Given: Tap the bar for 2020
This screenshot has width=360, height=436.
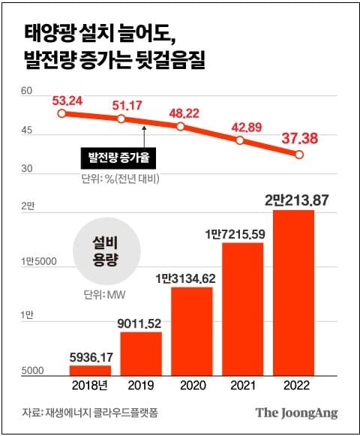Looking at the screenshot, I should pos(191,330).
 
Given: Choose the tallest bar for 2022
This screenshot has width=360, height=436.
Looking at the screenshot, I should pos(293,292).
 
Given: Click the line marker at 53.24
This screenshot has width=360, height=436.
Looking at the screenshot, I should pos(61,113).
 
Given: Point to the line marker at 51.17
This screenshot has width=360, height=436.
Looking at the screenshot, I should pos(121,119).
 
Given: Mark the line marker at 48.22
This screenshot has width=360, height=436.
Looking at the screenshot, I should pos(180,126).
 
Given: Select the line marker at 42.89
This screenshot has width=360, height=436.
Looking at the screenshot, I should pos(239,140).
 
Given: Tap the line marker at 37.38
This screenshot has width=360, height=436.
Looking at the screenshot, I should pos(298,155).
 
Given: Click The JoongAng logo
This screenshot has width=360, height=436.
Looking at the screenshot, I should pos(296,413).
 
